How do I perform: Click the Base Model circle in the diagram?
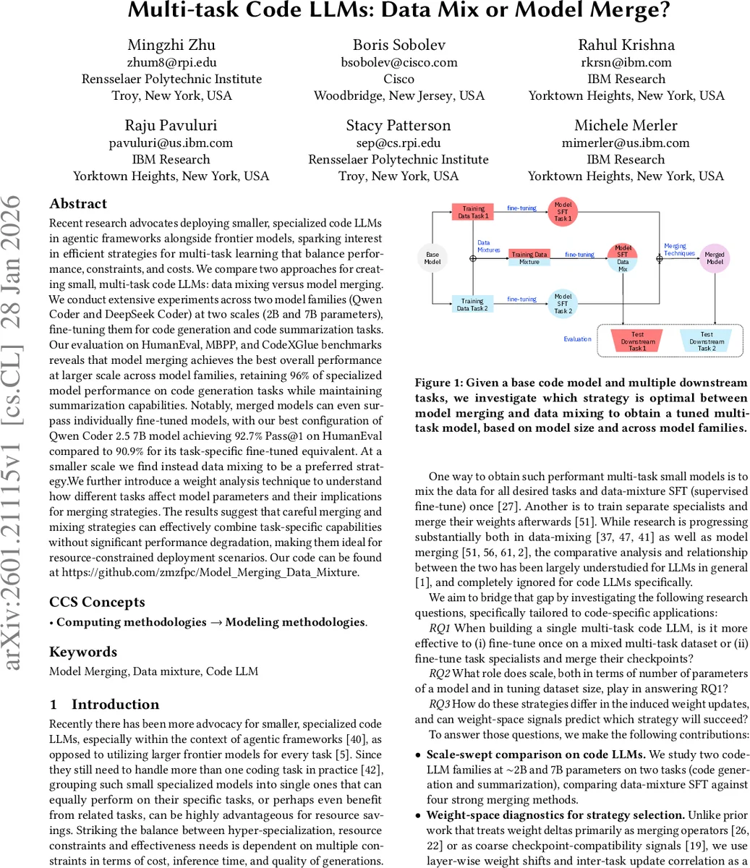[432, 258]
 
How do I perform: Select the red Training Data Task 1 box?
[472, 212]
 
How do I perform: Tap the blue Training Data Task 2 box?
[472, 305]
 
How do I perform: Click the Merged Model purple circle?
[715, 258]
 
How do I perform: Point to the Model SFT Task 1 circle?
[563, 211]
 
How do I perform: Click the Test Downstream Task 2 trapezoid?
[706, 341]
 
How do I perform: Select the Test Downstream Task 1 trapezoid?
[636, 341]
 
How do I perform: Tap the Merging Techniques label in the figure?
[679, 250]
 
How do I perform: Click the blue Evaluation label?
[577, 339]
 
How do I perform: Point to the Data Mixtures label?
[488, 247]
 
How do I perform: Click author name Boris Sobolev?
[399, 45]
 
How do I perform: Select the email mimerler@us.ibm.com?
[626, 142]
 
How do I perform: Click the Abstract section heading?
[78, 204]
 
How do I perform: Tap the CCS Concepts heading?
[97, 602]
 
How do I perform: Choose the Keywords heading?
[83, 652]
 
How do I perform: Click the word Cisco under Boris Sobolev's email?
[399, 79]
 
